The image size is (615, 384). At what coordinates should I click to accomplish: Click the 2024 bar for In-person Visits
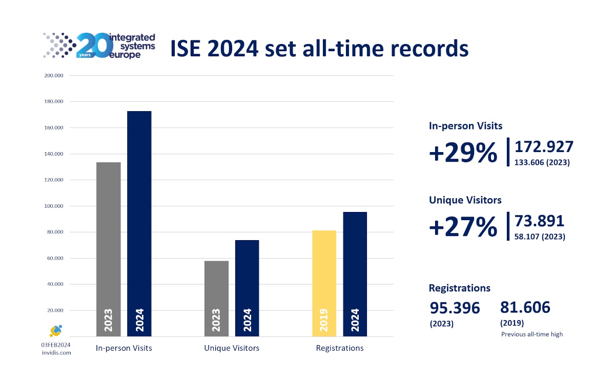139,223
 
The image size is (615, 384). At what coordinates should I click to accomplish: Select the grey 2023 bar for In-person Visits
109,249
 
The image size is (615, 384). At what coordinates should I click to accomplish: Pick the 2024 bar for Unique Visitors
247,288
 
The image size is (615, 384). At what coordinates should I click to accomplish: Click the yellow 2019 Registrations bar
324,283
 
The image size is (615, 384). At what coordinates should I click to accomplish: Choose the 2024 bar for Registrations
355,274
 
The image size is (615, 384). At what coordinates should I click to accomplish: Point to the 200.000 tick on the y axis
54,76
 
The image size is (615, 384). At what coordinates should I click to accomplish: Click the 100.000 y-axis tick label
54,206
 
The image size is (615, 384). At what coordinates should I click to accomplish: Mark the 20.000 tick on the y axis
55,310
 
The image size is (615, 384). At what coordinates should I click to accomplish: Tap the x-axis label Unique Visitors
232,348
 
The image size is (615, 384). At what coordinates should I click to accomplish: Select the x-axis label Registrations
339,348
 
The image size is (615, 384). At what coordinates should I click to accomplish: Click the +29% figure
463,153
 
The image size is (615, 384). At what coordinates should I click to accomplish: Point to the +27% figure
463,227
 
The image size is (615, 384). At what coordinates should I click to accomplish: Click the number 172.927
544,147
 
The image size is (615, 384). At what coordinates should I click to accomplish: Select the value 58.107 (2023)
540,237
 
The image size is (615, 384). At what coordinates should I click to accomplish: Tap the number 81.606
525,307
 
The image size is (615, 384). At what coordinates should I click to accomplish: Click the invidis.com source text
56,353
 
